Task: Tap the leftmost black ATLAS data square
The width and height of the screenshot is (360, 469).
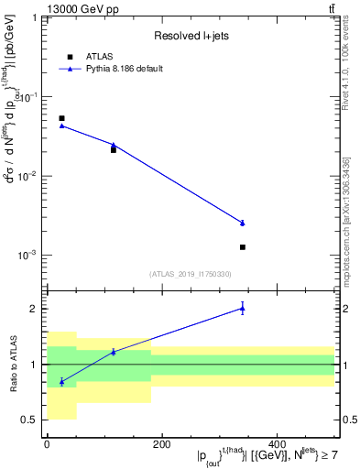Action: click(61, 118)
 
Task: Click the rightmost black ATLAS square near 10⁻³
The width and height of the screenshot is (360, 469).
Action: click(243, 247)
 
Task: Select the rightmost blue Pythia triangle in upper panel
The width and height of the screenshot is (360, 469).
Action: click(243, 223)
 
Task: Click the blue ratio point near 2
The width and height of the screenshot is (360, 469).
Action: click(243, 308)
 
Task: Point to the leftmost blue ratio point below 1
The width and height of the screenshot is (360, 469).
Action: click(61, 381)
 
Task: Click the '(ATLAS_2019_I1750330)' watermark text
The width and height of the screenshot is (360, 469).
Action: click(190, 274)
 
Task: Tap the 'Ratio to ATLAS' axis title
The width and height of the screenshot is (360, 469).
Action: click(12, 364)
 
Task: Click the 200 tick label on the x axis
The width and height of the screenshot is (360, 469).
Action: click(161, 443)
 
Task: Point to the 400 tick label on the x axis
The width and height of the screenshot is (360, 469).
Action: click(276, 443)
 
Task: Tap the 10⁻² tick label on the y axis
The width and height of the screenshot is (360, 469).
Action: click(27, 176)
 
